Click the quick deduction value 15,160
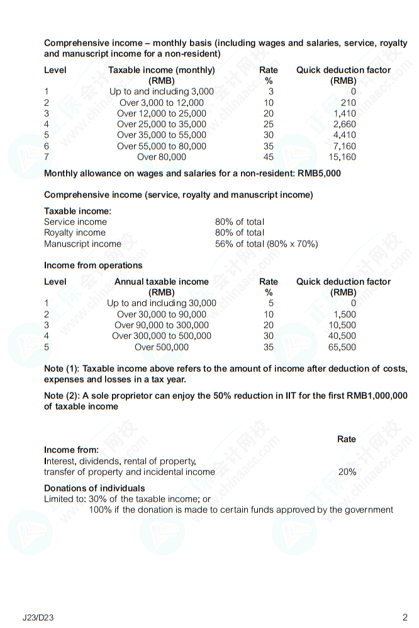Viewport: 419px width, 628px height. (x=342, y=157)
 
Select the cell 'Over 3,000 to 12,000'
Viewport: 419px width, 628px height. (x=161, y=103)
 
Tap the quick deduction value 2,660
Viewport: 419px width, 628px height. (x=344, y=124)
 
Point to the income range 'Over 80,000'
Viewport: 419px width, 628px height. (x=161, y=157)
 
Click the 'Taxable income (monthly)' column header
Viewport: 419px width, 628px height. (x=161, y=70)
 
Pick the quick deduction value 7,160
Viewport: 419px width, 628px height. (x=344, y=146)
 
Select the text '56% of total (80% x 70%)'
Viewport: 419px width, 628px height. (x=266, y=244)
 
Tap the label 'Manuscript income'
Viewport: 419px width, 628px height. (x=82, y=244)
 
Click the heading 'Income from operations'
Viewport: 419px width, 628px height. (x=93, y=265)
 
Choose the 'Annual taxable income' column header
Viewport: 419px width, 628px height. (x=161, y=282)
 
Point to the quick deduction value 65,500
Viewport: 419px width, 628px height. (x=342, y=347)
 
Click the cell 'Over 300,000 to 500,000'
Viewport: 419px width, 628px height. (x=161, y=336)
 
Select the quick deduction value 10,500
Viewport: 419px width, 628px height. (x=342, y=325)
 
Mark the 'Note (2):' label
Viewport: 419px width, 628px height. (x=62, y=396)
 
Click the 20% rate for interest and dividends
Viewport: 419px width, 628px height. (x=347, y=472)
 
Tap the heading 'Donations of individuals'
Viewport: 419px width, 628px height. (x=94, y=488)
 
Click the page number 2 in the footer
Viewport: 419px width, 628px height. (x=405, y=617)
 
